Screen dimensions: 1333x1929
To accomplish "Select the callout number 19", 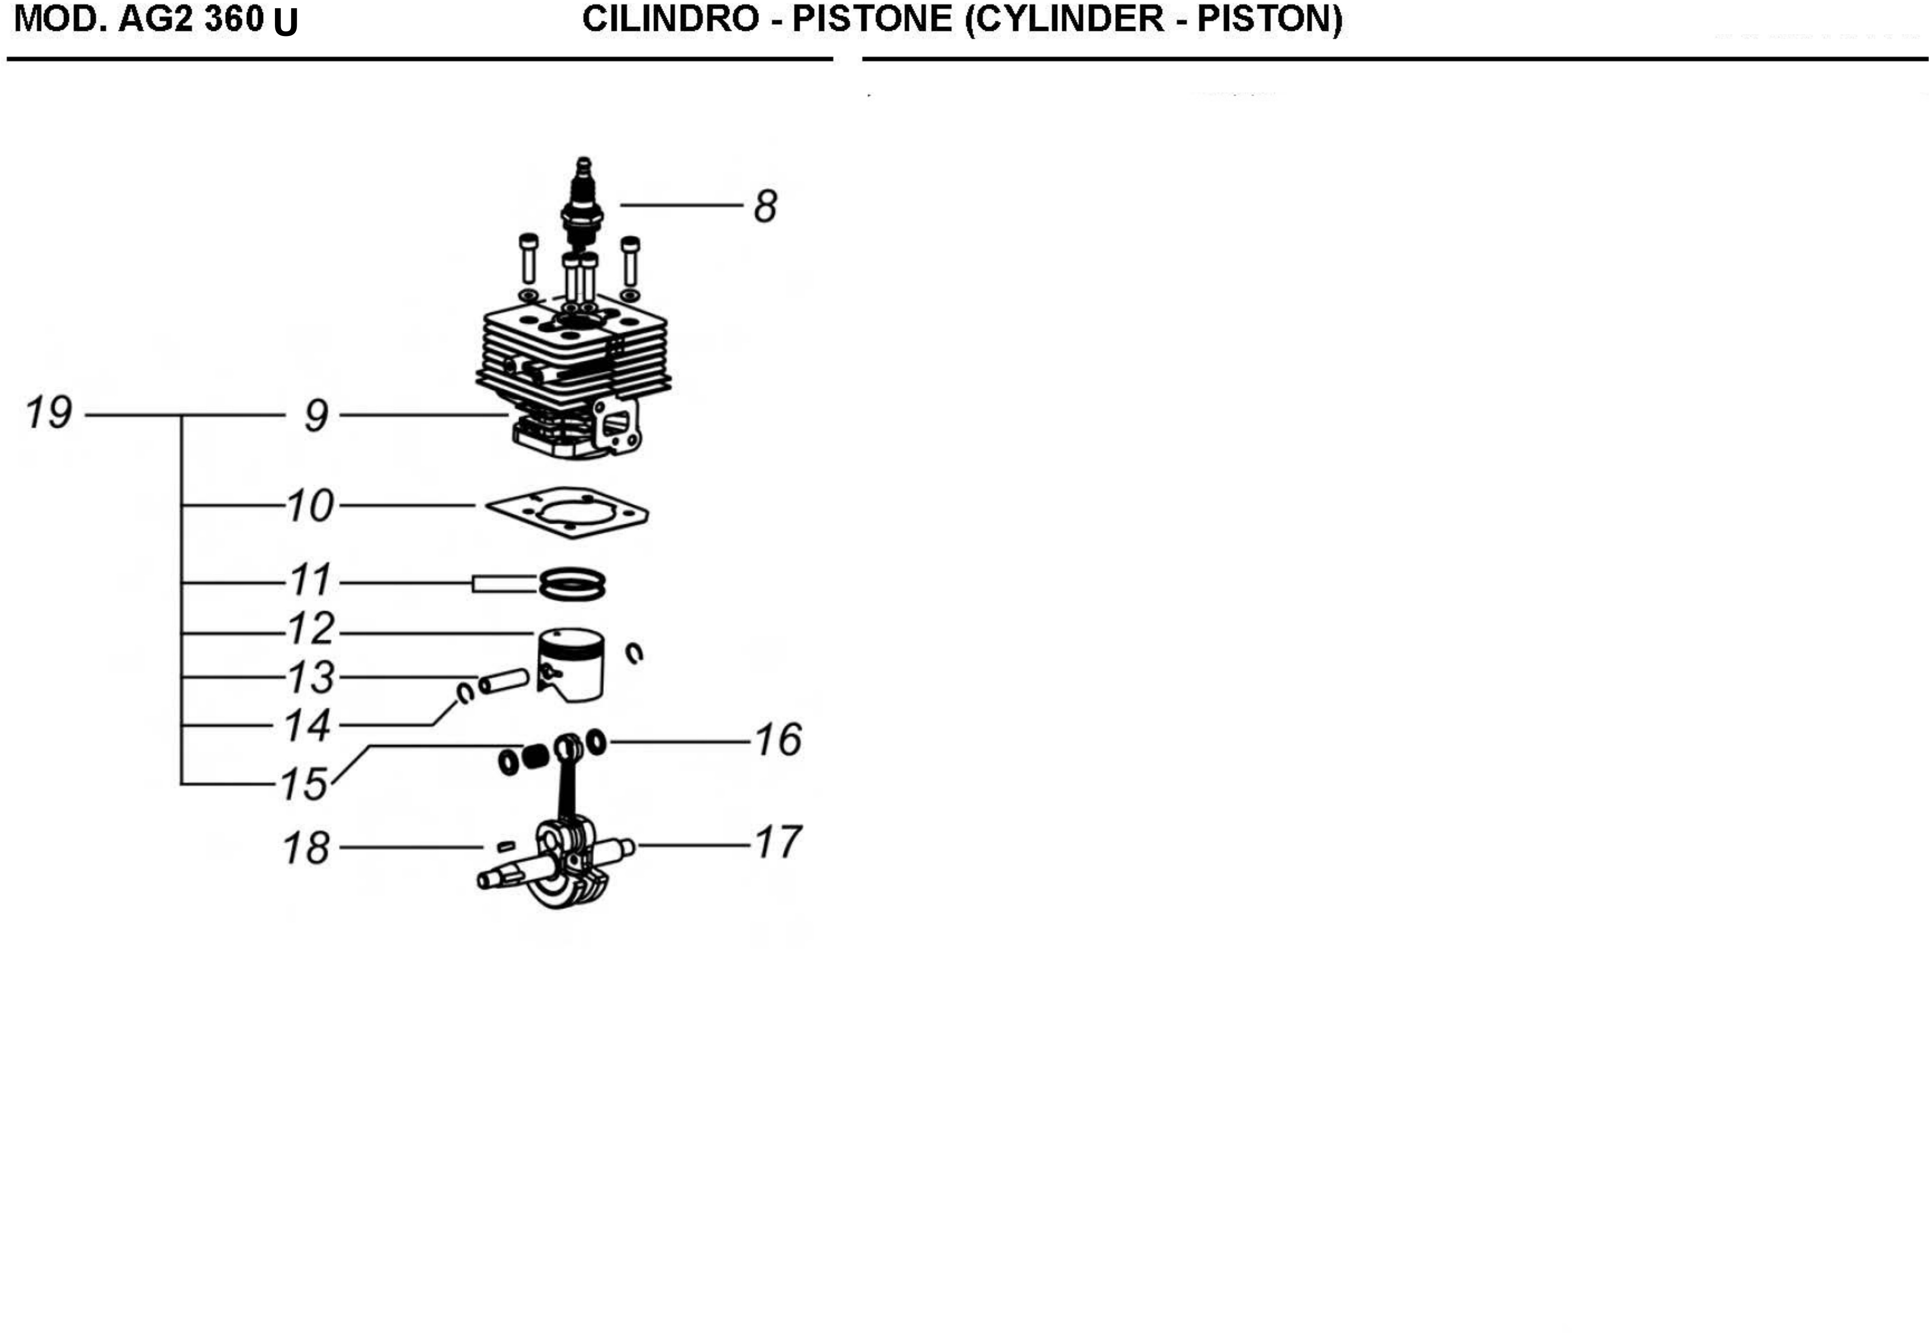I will [48, 413].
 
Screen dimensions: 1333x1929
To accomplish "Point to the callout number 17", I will [778, 842].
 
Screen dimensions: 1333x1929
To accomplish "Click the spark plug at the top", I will [582, 200].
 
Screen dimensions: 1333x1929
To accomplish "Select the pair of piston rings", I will [572, 584].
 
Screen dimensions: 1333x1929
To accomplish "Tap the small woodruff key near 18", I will [505, 847].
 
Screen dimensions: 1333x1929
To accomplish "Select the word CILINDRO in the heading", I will [670, 19].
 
